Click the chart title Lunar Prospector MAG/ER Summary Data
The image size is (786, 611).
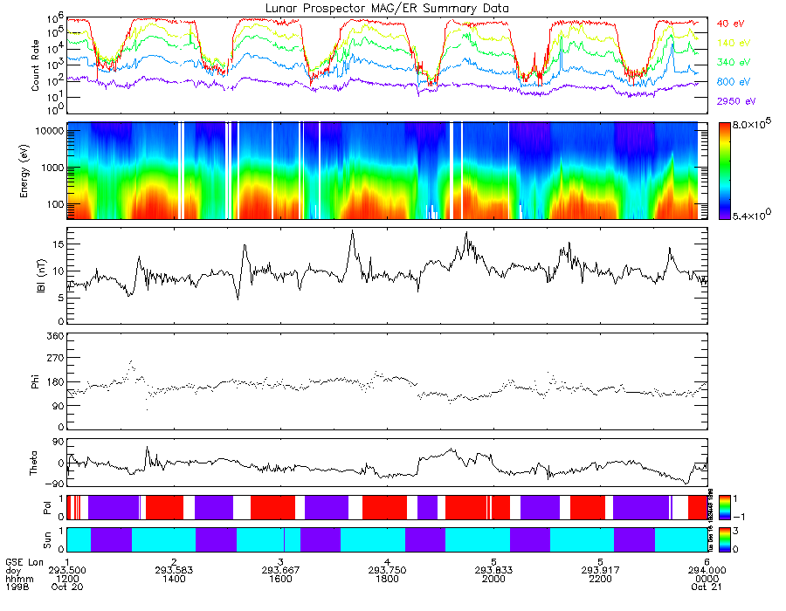[387, 8]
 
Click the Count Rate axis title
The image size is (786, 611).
[36, 66]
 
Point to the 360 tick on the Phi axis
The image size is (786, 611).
[56, 336]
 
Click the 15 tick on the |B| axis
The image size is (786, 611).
[59, 244]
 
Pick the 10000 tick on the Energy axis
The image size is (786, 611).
[51, 130]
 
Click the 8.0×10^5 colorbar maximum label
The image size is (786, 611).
[753, 127]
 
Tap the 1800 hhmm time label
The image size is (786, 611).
[385, 579]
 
